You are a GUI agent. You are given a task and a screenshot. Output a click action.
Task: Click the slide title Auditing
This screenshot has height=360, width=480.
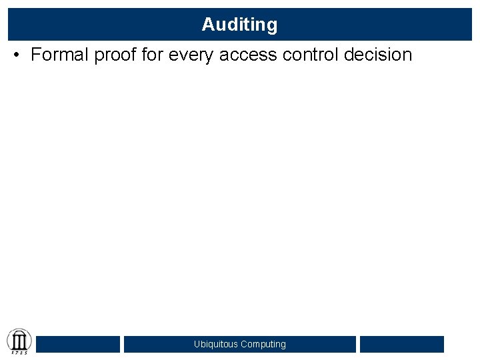(x=239, y=25)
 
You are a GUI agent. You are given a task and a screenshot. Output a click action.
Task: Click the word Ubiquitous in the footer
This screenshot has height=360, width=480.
(x=216, y=345)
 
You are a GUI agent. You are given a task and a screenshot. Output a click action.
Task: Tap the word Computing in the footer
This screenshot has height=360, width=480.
(x=263, y=345)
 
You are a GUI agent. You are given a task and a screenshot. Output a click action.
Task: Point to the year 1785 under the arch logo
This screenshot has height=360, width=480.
(x=19, y=352)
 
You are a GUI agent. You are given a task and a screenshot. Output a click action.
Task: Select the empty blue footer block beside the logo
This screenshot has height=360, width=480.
(x=78, y=344)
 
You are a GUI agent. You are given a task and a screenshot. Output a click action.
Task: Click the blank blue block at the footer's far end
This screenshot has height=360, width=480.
(x=401, y=344)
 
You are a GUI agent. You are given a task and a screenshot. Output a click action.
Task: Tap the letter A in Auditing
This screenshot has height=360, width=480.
(x=207, y=25)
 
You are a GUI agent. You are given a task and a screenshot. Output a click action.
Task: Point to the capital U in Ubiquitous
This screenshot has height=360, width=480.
(x=197, y=345)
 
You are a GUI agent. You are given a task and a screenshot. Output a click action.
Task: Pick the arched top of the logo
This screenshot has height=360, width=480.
(x=19, y=331)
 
